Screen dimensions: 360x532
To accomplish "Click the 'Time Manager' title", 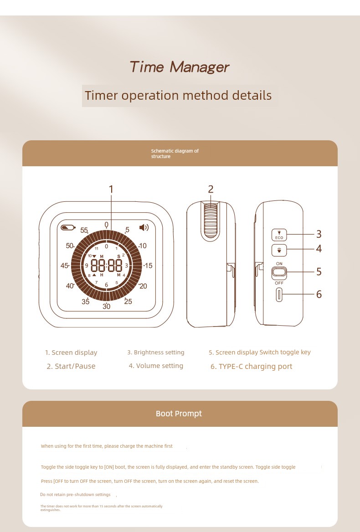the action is [x=179, y=67].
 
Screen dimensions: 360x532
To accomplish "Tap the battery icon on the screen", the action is [x=68, y=227].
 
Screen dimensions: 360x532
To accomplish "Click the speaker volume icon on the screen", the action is [x=144, y=227].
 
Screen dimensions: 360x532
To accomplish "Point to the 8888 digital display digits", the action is [x=106, y=266].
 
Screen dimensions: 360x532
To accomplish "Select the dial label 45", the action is [x=64, y=266].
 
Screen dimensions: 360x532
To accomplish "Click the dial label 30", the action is [x=106, y=306].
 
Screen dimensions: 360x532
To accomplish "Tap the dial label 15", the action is [x=148, y=266].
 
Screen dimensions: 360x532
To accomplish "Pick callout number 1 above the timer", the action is [x=111, y=189].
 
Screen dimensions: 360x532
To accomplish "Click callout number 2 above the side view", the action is [x=211, y=189].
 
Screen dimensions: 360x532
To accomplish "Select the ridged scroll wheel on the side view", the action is [x=211, y=220].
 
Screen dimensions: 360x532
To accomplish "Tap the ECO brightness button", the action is [x=279, y=235].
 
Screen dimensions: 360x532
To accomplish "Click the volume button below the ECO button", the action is [x=279, y=251].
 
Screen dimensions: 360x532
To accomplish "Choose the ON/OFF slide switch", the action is [x=279, y=272].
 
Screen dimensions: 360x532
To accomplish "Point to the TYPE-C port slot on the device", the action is [x=279, y=295].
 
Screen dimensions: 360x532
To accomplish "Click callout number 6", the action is [x=319, y=294].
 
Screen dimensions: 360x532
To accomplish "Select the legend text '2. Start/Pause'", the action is [x=71, y=366].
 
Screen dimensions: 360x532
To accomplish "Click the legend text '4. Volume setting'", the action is [x=156, y=366].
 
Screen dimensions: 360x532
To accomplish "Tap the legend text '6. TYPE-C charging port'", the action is [x=251, y=366].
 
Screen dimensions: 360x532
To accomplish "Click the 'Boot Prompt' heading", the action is [x=179, y=414].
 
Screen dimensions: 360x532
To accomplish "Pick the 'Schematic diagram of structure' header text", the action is [x=175, y=153].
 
